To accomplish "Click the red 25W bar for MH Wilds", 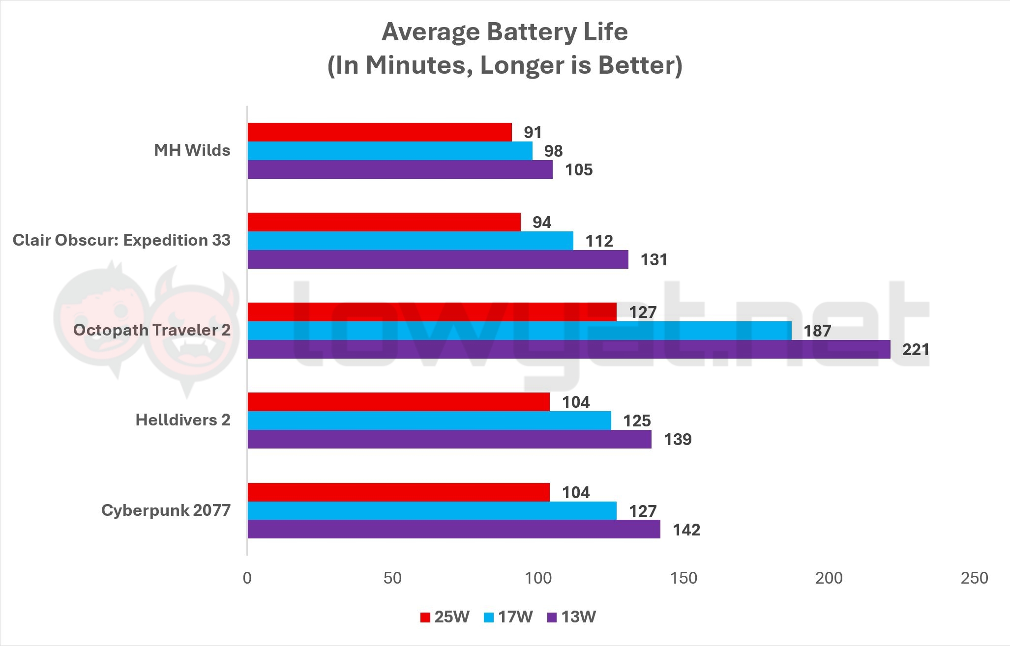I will tap(379, 132).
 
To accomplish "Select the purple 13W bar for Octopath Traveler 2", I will tap(568, 349).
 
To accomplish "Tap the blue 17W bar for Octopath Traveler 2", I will tap(519, 331).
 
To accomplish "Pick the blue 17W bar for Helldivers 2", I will tap(429, 421).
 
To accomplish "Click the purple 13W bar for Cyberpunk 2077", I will tap(453, 530).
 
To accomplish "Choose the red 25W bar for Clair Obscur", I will tap(384, 222).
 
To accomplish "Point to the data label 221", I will tap(916, 350).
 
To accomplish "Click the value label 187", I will tap(817, 331).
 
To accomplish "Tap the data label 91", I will tap(533, 133).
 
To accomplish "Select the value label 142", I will tap(686, 530).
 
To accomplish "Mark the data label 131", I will tap(654, 260).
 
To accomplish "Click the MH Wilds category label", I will tap(192, 150).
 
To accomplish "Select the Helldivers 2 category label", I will tap(183, 420).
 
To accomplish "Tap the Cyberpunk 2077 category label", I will tap(166, 510).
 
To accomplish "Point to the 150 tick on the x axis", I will tap(684, 578).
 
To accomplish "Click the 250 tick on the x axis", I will tap(974, 578).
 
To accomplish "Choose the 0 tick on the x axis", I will tap(247, 578).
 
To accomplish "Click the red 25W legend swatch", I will tap(425, 618).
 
